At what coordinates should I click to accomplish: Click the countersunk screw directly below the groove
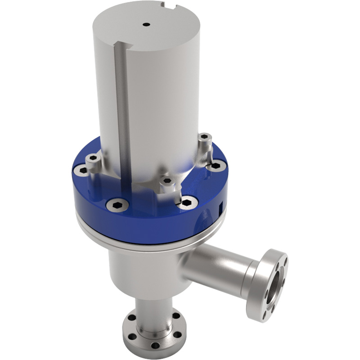[117, 205]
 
